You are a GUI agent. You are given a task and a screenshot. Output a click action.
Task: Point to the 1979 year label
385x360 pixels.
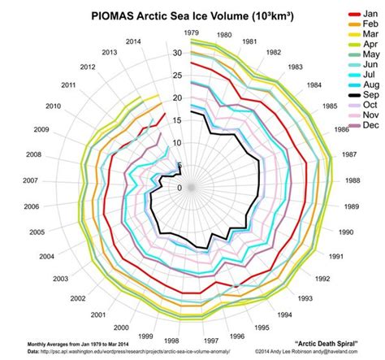coord(192,32)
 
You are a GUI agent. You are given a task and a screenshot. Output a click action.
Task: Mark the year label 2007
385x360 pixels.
coord(32,180)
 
